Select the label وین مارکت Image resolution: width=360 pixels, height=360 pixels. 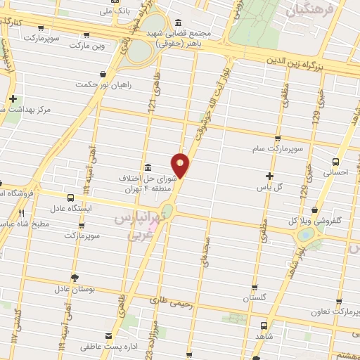coord(88,45)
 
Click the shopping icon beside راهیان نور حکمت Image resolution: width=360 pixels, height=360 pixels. coord(104,73)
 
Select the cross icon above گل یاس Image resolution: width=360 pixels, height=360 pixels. coord(269,176)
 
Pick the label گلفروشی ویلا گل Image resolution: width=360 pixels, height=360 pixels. coord(328,220)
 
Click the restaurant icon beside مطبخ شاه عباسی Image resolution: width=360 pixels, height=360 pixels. coord(21,213)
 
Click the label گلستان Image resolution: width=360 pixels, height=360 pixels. coord(256,298)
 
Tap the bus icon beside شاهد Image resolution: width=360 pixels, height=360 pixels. coord(263,326)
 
